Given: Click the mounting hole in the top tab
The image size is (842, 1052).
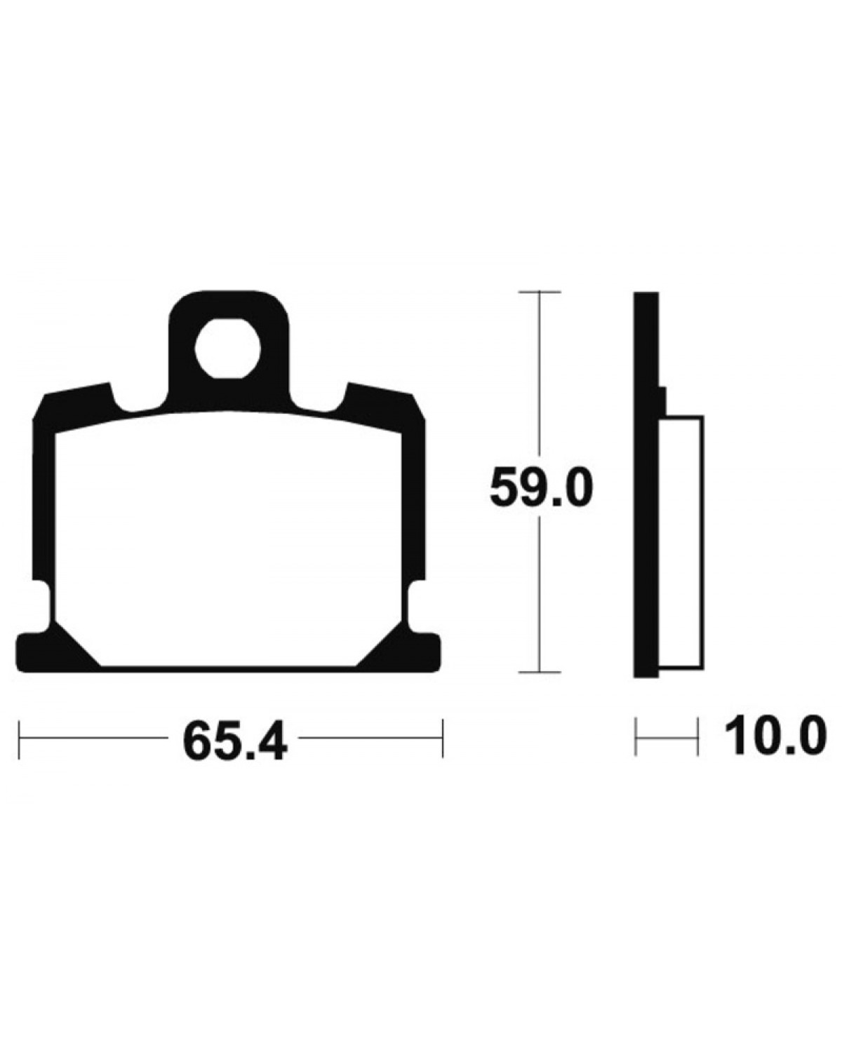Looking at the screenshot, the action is pos(227,349).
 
